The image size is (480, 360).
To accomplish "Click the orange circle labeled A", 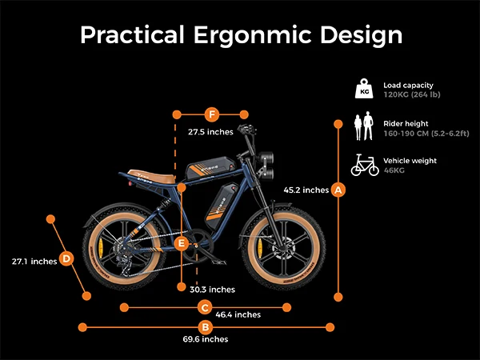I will (338, 190).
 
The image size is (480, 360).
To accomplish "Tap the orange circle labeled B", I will (206, 326).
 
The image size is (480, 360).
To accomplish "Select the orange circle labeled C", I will (205, 306).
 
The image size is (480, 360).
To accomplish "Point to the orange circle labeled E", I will (182, 242).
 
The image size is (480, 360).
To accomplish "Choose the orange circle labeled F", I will (212, 114).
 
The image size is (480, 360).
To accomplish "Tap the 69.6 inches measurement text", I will (206, 340).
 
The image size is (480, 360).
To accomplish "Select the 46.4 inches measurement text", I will (238, 314).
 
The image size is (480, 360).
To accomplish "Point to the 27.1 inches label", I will (34, 261).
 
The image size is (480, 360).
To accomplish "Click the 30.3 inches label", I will (212, 289).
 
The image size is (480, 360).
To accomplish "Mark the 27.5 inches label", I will (210, 131).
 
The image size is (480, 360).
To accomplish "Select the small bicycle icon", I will (364, 165).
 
